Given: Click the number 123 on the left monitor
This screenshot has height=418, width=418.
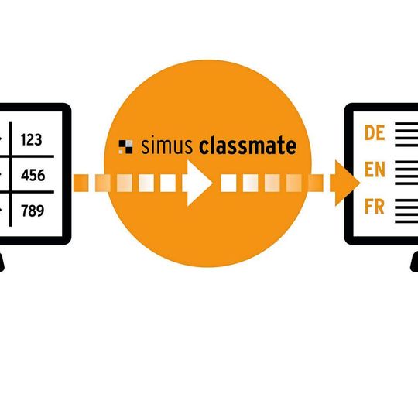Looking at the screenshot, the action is click(x=32, y=139).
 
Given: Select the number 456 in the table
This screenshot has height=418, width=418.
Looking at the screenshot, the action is click(x=33, y=175).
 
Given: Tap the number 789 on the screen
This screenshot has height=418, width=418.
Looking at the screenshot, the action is click(x=33, y=211).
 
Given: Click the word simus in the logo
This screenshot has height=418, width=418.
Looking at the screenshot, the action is click(x=166, y=146).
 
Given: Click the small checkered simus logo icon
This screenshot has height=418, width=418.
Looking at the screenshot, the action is click(x=125, y=146).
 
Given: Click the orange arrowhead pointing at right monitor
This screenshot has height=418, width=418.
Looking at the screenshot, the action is click(x=345, y=183).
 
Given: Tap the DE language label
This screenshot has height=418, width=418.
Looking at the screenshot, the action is click(x=375, y=133).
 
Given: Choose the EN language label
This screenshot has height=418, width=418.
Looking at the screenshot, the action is click(x=375, y=170).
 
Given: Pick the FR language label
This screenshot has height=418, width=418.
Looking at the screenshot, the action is click(x=375, y=207).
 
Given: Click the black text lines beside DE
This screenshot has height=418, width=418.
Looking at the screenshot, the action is click(x=406, y=135).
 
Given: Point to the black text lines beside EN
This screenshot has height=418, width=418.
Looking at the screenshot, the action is click(x=406, y=173).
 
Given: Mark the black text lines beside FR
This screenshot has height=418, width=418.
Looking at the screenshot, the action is click(x=406, y=211).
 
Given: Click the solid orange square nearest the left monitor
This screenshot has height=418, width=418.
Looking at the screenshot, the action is click(x=81, y=183).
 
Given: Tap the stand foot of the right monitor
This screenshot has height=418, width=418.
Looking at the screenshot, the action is click(x=414, y=262).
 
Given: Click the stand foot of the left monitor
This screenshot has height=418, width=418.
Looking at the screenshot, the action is click(x=2, y=262).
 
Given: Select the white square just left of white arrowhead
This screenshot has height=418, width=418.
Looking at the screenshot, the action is click(x=168, y=183).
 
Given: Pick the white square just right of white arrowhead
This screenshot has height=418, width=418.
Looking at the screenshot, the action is click(x=228, y=183).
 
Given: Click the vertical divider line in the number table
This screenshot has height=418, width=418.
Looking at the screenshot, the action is click(x=10, y=174).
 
